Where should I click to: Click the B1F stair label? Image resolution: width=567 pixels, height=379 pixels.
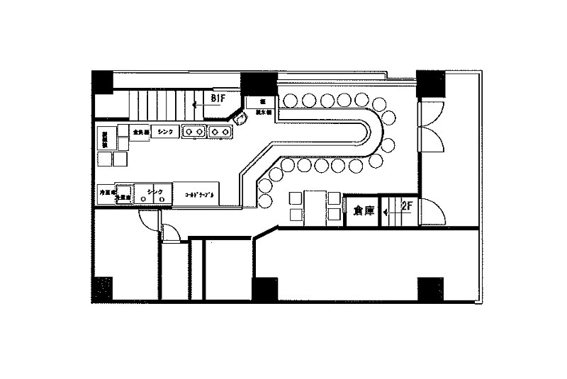click(218, 98)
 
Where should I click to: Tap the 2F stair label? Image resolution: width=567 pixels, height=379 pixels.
click(407, 207)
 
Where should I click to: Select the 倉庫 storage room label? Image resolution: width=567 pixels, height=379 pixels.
click(359, 210)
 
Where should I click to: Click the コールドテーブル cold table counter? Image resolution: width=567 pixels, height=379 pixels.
click(200, 193)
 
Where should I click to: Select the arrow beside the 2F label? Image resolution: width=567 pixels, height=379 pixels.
click(390, 210)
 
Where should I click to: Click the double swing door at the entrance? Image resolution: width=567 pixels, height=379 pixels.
click(432, 128)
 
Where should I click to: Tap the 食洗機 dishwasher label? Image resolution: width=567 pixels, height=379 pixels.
click(139, 132)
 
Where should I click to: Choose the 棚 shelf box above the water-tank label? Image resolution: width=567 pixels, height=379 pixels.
click(261, 101)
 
